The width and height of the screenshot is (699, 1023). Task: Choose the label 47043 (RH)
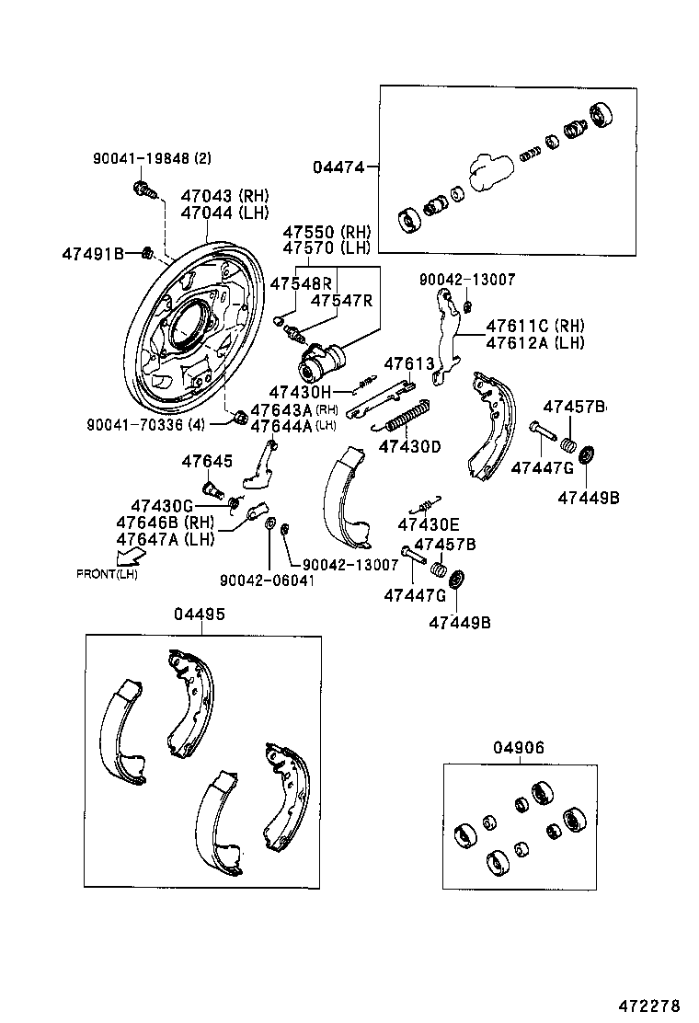pyautogui.click(x=224, y=196)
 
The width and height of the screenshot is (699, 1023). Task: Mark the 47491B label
pyautogui.click(x=93, y=253)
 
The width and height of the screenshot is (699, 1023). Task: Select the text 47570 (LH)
pyautogui.click(x=326, y=248)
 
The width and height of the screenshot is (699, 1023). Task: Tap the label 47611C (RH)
pyautogui.click(x=534, y=326)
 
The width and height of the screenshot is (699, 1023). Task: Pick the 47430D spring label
pyautogui.click(x=410, y=447)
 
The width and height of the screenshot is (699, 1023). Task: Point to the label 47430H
pyautogui.click(x=300, y=392)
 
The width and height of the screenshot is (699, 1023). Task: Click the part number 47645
pyautogui.click(x=207, y=461)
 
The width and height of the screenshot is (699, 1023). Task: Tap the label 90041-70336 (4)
pyautogui.click(x=146, y=425)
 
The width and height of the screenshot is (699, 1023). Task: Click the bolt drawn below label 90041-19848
pyautogui.click(x=143, y=190)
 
